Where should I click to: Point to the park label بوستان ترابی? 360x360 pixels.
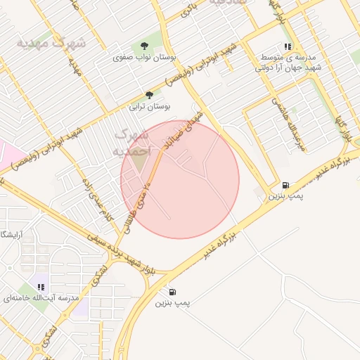[x=149, y=108]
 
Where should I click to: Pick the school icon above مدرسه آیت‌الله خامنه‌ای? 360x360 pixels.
[x=41, y=287]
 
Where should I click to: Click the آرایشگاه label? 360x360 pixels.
[x=12, y=233]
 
